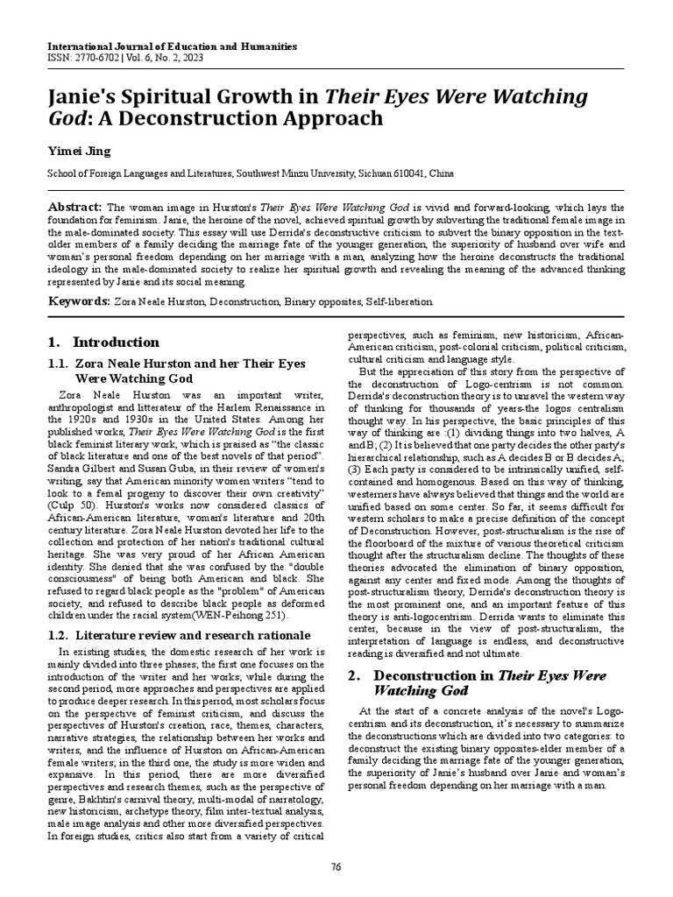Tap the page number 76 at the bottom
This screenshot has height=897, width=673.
336,867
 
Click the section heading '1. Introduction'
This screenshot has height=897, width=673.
104,343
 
